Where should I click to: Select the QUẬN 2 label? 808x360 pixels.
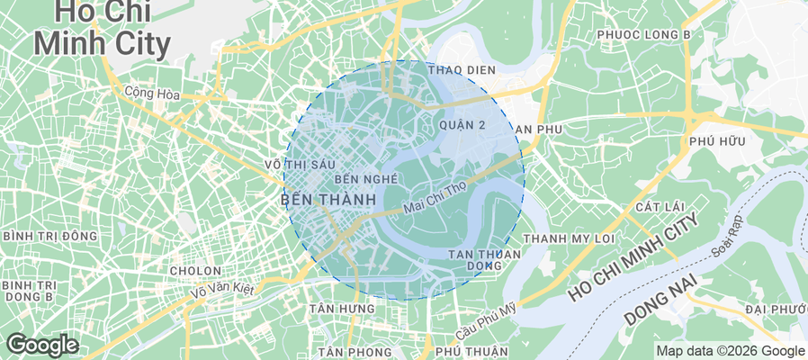(x=463, y=125)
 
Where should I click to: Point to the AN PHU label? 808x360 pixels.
(x=538, y=130)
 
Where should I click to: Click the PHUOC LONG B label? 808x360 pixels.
(x=642, y=35)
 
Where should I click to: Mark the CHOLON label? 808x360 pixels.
(x=195, y=270)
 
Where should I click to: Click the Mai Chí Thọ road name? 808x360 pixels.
(x=434, y=198)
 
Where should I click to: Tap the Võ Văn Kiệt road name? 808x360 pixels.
(x=221, y=290)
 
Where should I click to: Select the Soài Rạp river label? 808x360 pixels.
(x=726, y=236)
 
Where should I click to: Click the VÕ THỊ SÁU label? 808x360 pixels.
(x=300, y=164)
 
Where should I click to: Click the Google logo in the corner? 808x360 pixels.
(x=41, y=344)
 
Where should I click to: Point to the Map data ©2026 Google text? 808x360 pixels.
(x=730, y=351)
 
